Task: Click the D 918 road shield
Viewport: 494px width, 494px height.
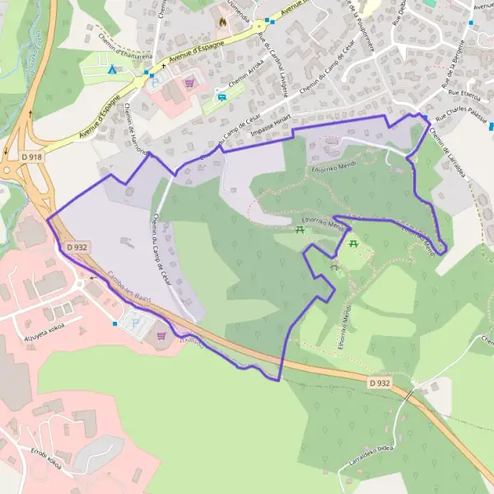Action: (x=32, y=156)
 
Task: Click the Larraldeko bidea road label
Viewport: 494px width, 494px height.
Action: (x=370, y=459)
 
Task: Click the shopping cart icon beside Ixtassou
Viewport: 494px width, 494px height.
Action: (x=161, y=336)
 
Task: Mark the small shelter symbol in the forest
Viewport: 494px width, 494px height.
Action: (x=334, y=268)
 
